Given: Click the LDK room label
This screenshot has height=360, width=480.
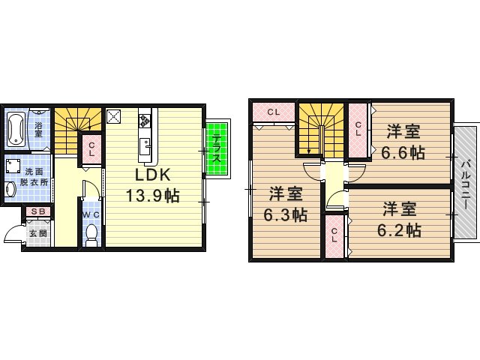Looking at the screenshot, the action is click(152, 175).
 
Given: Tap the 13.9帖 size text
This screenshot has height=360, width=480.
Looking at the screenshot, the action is click(152, 195).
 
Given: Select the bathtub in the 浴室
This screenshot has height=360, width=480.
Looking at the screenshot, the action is click(16, 129).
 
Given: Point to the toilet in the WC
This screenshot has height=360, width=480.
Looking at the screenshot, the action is click(91, 235).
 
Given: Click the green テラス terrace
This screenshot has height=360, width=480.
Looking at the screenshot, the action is click(217, 148).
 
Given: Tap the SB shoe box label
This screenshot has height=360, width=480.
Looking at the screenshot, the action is click(38, 211).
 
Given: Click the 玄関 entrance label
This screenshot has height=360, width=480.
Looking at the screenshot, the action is click(38, 233).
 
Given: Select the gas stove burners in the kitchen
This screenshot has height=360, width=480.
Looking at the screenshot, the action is click(144, 121).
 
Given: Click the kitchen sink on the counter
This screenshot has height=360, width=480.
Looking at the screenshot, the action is click(145, 147).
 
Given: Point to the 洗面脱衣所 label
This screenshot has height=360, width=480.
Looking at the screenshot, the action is click(34, 177).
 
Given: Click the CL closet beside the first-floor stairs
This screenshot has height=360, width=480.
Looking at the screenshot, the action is click(91, 149).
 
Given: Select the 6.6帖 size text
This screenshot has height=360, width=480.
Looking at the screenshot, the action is click(403, 152).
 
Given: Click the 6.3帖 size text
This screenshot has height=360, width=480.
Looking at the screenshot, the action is click(286, 215).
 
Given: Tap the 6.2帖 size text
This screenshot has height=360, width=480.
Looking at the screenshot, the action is click(399, 230).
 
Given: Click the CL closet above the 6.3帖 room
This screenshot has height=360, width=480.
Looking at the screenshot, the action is click(273, 112).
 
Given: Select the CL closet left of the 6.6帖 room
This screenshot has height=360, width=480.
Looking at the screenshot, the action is click(358, 130).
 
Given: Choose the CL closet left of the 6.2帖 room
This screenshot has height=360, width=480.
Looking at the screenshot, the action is click(334, 236).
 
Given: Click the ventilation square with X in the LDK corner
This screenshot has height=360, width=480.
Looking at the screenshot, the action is click(113, 116).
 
